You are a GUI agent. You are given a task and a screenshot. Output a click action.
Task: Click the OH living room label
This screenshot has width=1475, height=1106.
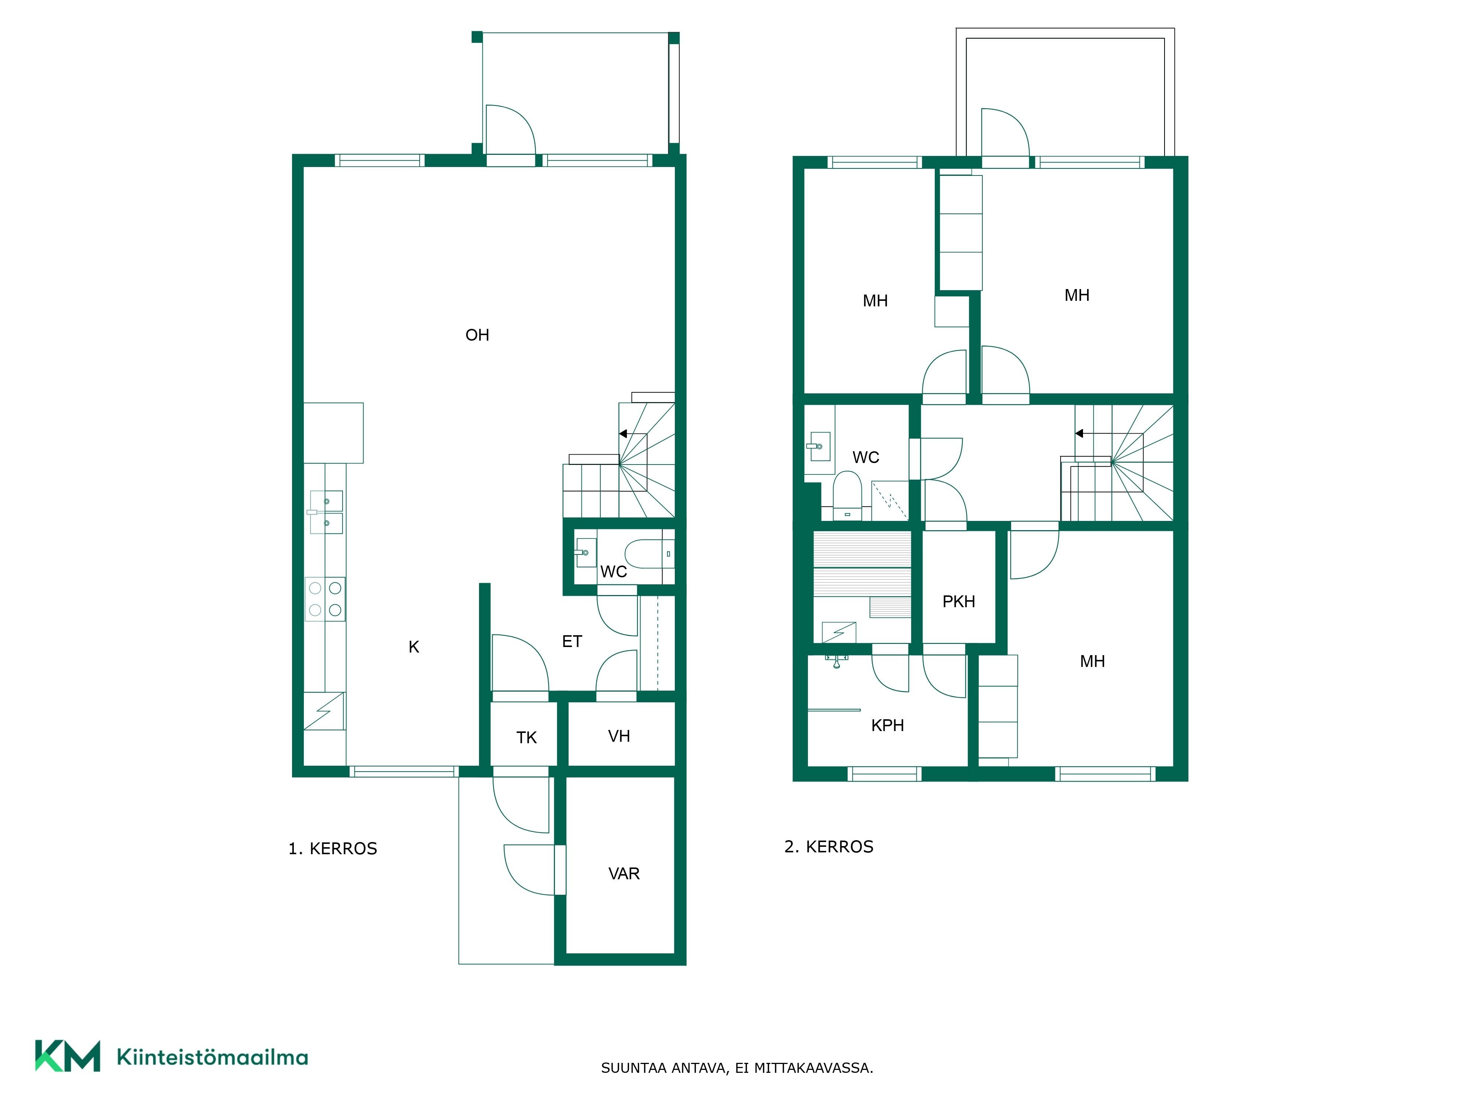[478, 335]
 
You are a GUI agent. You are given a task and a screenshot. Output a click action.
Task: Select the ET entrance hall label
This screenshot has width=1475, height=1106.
[572, 641]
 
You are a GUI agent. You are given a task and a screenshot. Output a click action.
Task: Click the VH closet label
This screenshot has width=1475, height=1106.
[619, 736]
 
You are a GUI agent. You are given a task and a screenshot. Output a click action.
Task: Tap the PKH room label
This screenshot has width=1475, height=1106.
[958, 601]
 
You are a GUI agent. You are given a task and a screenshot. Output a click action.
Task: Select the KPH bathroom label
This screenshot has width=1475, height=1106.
[888, 725]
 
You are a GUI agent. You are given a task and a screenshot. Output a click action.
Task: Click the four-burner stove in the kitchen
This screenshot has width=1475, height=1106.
[325, 599]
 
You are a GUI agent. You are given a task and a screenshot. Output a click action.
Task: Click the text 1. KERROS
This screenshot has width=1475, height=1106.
[333, 849]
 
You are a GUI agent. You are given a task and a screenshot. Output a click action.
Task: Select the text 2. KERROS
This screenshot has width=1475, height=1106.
[829, 847]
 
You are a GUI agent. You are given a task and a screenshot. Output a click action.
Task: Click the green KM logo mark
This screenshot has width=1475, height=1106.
[67, 1056]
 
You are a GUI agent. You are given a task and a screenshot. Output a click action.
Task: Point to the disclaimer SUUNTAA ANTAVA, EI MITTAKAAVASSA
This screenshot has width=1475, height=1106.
[737, 1068]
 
